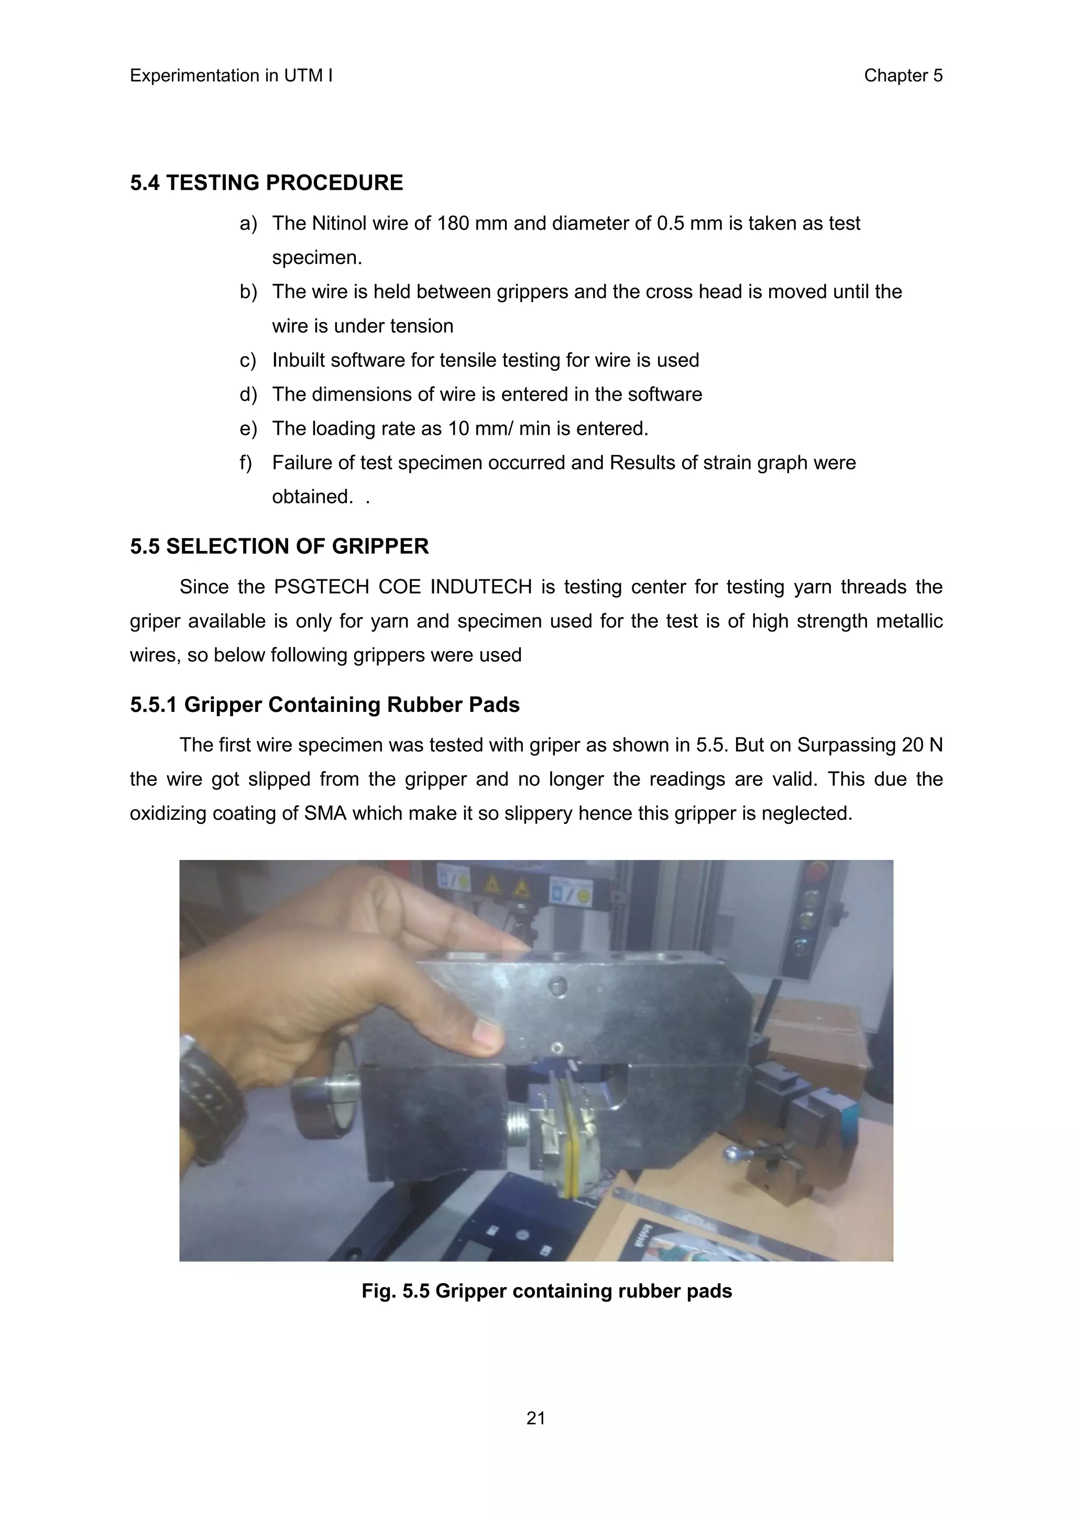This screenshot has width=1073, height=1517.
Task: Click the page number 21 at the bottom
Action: (x=536, y=1418)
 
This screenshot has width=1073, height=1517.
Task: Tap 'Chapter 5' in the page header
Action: (x=903, y=76)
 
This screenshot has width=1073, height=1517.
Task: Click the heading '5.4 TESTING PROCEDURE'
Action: (x=266, y=183)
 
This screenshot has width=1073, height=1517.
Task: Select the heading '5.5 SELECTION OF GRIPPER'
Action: (x=279, y=546)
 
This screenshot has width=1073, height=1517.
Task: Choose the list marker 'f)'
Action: (x=246, y=463)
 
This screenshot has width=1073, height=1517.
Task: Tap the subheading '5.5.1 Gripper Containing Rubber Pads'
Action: (x=324, y=705)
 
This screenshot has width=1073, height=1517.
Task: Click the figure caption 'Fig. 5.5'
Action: (x=395, y=1291)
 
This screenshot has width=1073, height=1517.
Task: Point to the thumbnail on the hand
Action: (x=487, y=1032)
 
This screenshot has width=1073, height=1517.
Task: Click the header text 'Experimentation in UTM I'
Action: (x=231, y=76)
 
